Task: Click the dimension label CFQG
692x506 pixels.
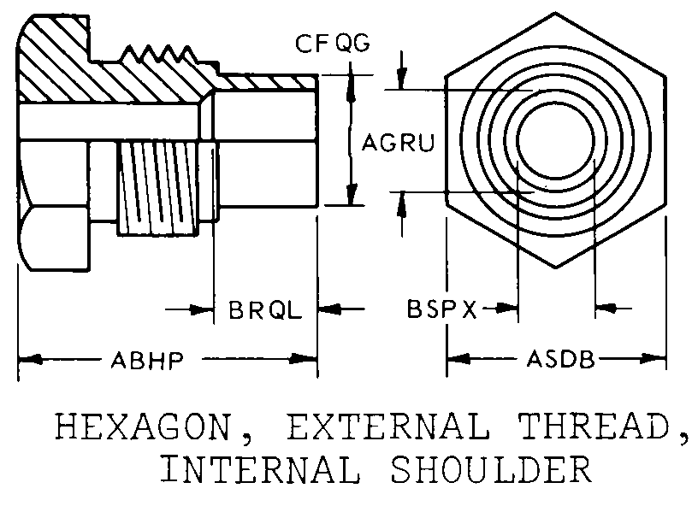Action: tap(333, 44)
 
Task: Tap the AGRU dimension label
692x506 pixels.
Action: tap(398, 143)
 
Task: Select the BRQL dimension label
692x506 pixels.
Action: tap(265, 309)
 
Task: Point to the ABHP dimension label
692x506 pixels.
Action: tap(146, 360)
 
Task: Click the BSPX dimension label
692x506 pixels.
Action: tap(441, 309)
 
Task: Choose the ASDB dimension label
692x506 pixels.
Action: tap(560, 359)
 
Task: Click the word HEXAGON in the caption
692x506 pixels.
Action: tap(144, 427)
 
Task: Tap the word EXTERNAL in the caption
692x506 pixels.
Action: tap(388, 427)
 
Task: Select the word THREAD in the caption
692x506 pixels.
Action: tap(594, 427)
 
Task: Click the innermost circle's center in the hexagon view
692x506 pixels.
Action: tap(556, 140)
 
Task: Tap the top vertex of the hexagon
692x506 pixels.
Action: tap(555, 12)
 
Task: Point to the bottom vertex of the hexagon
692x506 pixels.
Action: tap(555, 268)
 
